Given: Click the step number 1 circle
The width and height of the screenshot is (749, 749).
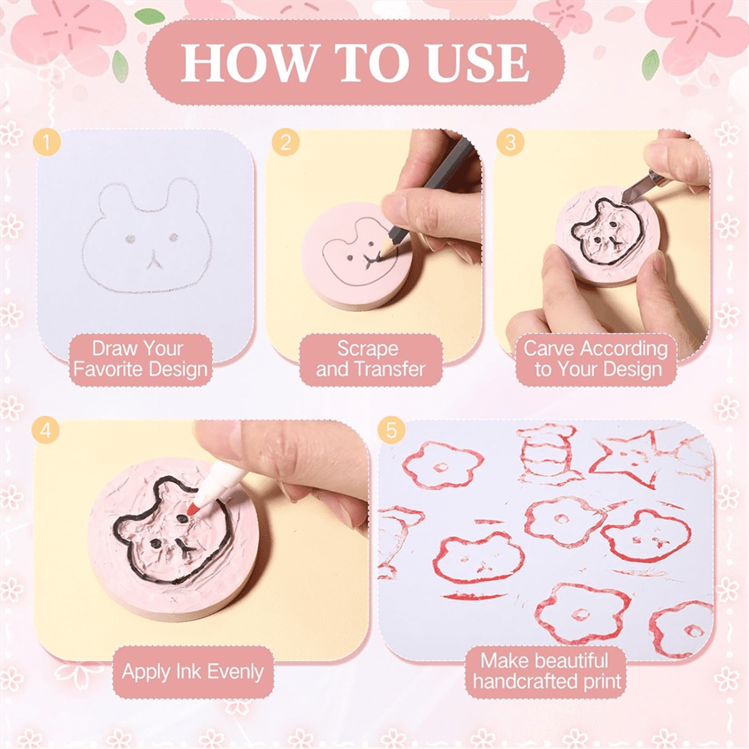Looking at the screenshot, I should pyautogui.click(x=47, y=143).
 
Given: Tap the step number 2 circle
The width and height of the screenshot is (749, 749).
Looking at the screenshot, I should pyautogui.click(x=285, y=143).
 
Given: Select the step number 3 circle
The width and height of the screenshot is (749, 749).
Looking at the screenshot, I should pyautogui.click(x=510, y=143).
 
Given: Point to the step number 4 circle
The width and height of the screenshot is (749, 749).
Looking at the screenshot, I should pyautogui.click(x=47, y=431).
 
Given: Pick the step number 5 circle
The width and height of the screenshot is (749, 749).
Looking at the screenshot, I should pyautogui.click(x=391, y=431).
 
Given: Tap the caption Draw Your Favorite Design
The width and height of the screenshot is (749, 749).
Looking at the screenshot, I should pyautogui.click(x=140, y=359).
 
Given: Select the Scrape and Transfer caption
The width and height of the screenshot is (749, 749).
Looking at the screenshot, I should pyautogui.click(x=370, y=359).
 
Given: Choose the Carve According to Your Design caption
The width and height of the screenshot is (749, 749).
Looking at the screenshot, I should pyautogui.click(x=597, y=359).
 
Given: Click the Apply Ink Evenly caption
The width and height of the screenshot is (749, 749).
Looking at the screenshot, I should pyautogui.click(x=192, y=672).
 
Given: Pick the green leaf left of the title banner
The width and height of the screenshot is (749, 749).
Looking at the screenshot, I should pyautogui.click(x=120, y=62).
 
